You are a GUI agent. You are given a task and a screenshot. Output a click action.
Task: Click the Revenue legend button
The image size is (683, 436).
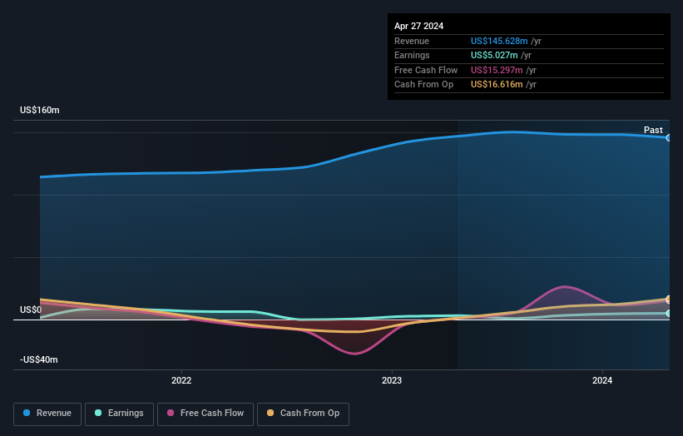click(x=48, y=413)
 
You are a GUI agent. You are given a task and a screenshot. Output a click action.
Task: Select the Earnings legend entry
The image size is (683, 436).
click(x=119, y=413)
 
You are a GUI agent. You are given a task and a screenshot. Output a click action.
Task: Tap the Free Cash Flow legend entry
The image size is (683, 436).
click(x=205, y=413)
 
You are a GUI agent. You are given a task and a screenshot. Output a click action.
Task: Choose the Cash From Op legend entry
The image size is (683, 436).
click(x=303, y=413)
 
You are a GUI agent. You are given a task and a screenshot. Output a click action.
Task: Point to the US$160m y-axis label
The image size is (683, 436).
click(x=40, y=110)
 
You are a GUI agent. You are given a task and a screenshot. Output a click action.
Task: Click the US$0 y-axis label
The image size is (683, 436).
click(x=31, y=310)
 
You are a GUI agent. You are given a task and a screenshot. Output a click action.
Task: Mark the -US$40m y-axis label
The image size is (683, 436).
click(x=40, y=359)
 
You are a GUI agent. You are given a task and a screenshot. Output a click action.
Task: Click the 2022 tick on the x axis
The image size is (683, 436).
click(x=181, y=380)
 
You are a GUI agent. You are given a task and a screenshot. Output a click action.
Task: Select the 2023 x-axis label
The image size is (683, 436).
click(x=392, y=380)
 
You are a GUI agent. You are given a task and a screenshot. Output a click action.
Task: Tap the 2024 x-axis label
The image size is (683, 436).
click(x=602, y=380)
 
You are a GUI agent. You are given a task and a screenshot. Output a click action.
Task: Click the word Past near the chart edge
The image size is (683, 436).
click(x=653, y=130)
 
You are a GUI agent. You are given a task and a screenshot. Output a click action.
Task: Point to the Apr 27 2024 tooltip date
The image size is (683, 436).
click(x=418, y=26)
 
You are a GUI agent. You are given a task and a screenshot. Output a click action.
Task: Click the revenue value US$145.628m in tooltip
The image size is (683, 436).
click(x=499, y=41)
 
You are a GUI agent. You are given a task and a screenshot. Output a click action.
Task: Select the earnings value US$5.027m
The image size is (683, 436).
click(x=496, y=56)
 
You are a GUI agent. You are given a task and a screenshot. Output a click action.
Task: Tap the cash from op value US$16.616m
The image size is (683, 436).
click(x=497, y=85)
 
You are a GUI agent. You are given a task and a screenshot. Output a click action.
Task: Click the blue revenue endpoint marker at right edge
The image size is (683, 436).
click(x=668, y=137)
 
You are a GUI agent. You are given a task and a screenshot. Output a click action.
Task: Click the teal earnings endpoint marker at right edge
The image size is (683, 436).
click(x=668, y=314)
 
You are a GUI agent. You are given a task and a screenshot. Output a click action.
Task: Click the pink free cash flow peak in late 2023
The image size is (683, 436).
click(x=566, y=286)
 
